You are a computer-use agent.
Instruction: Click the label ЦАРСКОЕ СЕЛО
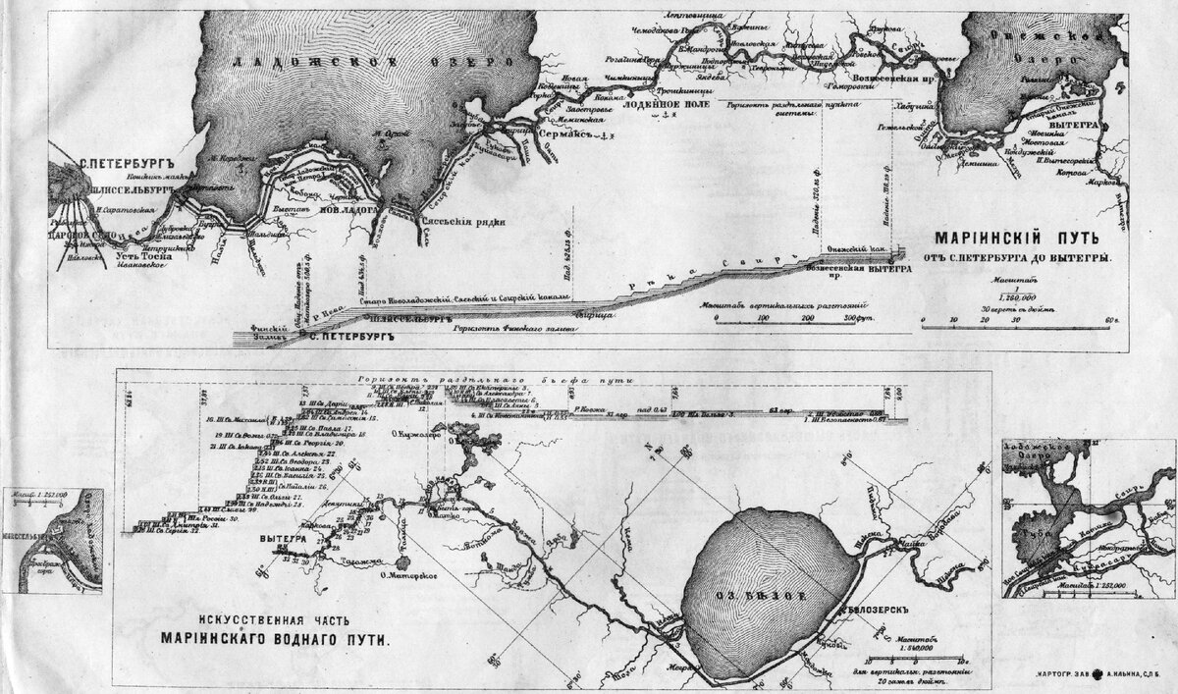pyautogui.click(x=84, y=237)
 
